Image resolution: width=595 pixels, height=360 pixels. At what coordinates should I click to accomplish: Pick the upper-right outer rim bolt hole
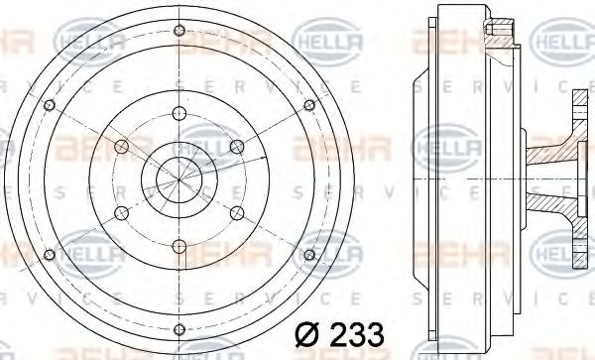(309, 102)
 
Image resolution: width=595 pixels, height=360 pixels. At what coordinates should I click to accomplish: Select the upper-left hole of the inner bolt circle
(121, 147)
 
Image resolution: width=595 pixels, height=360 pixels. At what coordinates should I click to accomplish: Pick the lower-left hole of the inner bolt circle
(121, 211)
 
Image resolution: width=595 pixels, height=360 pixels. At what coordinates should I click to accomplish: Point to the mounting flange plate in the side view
(577, 180)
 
